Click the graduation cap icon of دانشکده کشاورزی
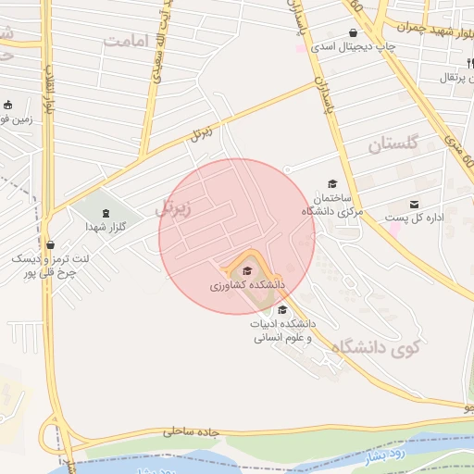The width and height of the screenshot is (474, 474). click(246, 270)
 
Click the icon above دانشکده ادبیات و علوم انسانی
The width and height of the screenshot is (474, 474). click(282, 309)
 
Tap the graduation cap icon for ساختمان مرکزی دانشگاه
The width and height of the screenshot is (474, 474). click(332, 184)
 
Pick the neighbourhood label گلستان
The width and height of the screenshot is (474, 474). click(393, 144)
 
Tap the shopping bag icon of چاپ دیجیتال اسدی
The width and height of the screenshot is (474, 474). click(354, 32)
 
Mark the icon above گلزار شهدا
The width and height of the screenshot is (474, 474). click(104, 212)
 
